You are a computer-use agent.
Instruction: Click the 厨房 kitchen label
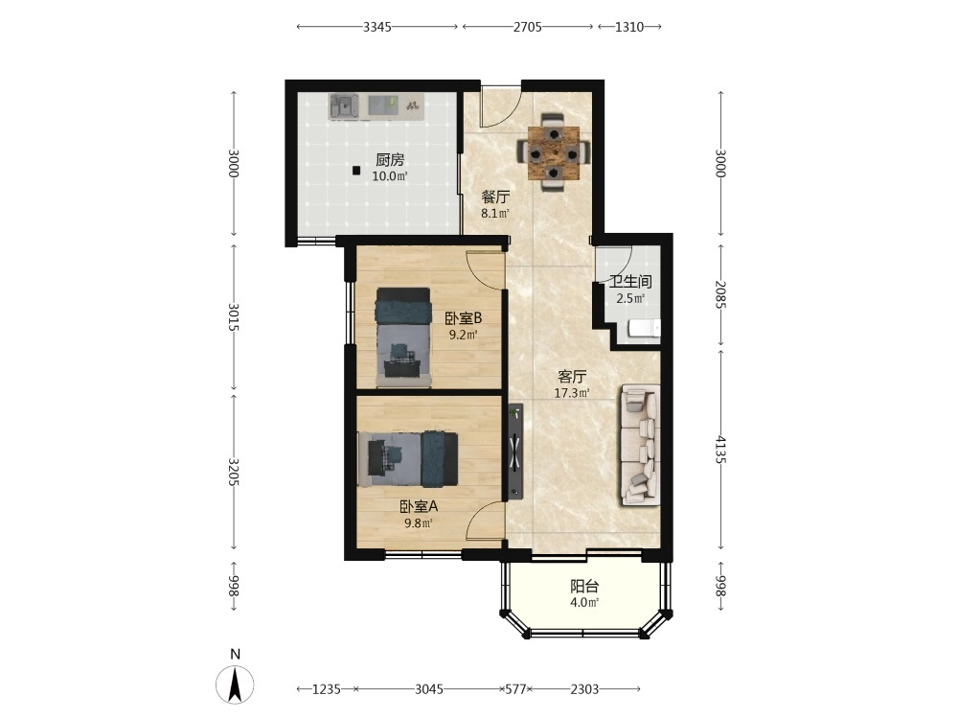[390, 160]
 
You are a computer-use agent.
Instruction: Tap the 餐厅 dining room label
[495, 197]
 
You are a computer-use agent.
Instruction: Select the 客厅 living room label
[573, 377]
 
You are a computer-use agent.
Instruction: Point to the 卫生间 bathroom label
[630, 282]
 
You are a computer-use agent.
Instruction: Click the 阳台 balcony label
[584, 587]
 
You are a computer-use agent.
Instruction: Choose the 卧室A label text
[419, 507]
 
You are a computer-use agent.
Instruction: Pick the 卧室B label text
[463, 318]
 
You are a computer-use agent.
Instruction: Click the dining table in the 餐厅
[554, 152]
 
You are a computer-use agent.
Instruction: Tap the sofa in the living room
[641, 445]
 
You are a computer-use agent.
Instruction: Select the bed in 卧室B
[403, 336]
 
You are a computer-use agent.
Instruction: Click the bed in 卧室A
[408, 459]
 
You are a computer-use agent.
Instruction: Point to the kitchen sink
[344, 106]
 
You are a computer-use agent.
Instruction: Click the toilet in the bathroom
[645, 328]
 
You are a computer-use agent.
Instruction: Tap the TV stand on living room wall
[515, 452]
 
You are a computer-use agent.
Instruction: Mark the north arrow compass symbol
[236, 684]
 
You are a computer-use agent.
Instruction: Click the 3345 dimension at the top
[376, 27]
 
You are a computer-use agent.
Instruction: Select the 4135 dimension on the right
[721, 450]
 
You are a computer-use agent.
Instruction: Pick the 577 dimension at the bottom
[516, 689]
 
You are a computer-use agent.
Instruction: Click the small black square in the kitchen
[356, 172]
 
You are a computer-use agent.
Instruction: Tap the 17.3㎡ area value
[572, 393]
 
